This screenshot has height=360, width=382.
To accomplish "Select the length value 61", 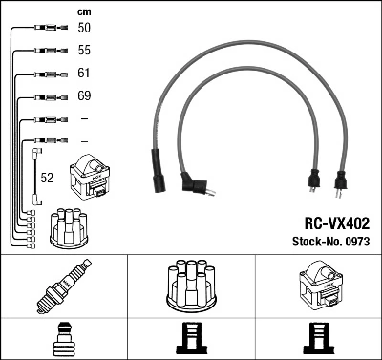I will pos(84,74).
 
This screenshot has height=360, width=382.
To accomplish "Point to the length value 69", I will pos(84,96).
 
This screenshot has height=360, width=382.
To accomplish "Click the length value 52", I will pos(46,178).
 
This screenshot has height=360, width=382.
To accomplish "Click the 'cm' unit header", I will pos(83,11).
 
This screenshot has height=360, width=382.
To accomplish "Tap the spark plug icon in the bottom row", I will pos(63,286).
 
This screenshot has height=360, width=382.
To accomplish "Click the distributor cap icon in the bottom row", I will pos(191,286).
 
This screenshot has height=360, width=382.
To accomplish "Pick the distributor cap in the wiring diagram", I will pos(68,226).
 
